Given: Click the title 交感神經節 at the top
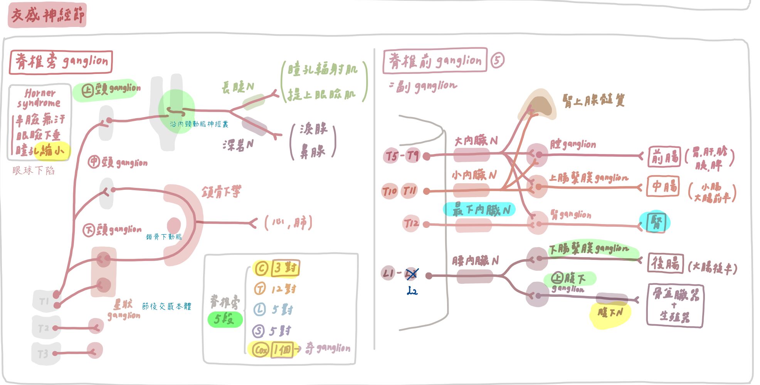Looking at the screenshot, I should click(47, 15).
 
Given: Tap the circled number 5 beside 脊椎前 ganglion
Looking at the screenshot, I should click(497, 60).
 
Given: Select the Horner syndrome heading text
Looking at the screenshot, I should click(39, 98).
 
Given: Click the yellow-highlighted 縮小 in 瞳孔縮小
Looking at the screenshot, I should click(53, 150).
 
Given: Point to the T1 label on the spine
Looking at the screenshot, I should click(44, 301).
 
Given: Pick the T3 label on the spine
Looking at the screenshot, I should click(43, 353).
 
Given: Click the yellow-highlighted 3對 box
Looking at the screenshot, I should click(285, 268).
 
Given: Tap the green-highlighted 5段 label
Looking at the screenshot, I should click(224, 319).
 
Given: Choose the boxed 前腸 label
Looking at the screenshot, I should click(664, 157).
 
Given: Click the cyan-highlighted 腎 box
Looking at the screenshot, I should click(655, 222).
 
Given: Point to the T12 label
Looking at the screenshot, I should click(411, 223).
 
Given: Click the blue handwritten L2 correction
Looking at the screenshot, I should click(412, 291).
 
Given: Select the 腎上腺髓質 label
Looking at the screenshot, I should click(594, 101).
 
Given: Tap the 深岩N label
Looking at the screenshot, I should click(238, 145).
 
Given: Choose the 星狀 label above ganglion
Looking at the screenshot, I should click(123, 305).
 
